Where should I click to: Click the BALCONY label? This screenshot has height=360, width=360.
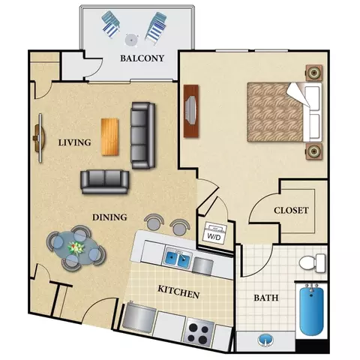pos(142,58)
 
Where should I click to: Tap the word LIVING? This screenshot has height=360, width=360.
pos(74,142)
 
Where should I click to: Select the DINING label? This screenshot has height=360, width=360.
pos(109,217)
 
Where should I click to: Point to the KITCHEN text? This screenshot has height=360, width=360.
pos(178,292)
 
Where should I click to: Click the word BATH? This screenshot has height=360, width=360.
pos(266,298)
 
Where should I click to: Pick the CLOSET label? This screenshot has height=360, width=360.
pos(291,210)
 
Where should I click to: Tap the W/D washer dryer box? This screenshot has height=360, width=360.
pos(214,233)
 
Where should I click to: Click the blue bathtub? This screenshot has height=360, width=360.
pos(311,310)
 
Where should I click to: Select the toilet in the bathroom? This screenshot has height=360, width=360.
pos(313,263)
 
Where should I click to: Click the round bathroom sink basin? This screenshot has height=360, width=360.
pos(265,340)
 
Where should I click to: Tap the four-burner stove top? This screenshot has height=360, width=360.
pos(198,331)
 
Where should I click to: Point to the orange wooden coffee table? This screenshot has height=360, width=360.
pos(109,136)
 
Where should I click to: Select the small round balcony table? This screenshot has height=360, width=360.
pos(131,40)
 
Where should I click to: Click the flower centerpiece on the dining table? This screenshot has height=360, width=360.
pos(76,247)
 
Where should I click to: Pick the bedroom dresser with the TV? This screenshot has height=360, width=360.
pos(191,111)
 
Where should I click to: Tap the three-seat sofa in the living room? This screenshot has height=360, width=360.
pos(143,135)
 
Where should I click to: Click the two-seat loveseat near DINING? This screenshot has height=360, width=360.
pos(105,182)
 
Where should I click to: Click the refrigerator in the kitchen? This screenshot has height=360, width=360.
pos(137,318)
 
